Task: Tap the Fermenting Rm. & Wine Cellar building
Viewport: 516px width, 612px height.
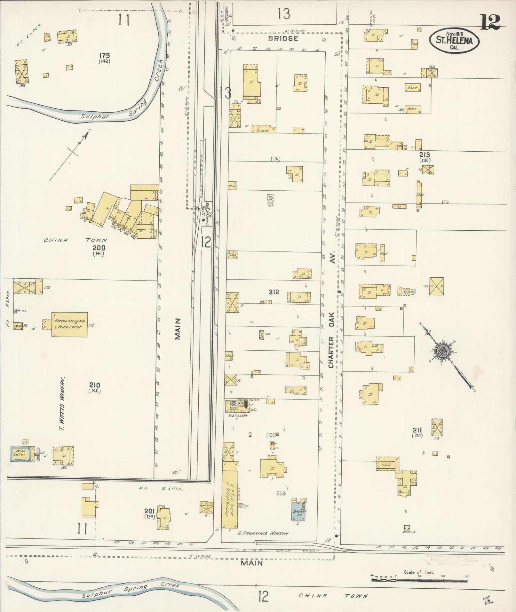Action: [x=70, y=324]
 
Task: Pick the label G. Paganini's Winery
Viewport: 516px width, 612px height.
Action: [x=263, y=533]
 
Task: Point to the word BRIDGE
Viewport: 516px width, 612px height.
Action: [x=283, y=39]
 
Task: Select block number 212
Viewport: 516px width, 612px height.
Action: [x=274, y=292]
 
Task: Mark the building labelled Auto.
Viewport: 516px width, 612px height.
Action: [x=412, y=109]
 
